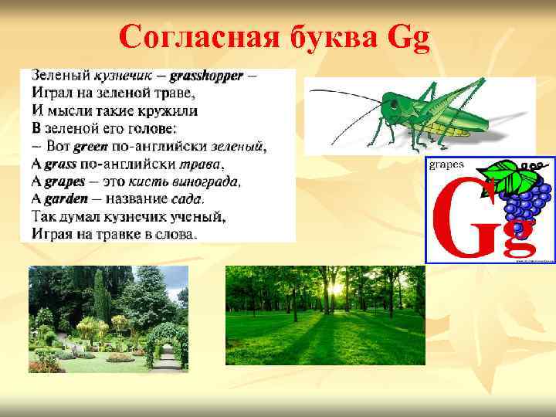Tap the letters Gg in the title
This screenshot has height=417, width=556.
click(x=409, y=37)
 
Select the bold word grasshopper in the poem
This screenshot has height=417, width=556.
click(x=206, y=76)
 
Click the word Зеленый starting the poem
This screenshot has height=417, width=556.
click(x=61, y=76)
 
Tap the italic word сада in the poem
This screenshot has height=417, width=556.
click(x=188, y=198)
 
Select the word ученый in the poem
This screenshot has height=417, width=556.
click(x=199, y=215)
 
